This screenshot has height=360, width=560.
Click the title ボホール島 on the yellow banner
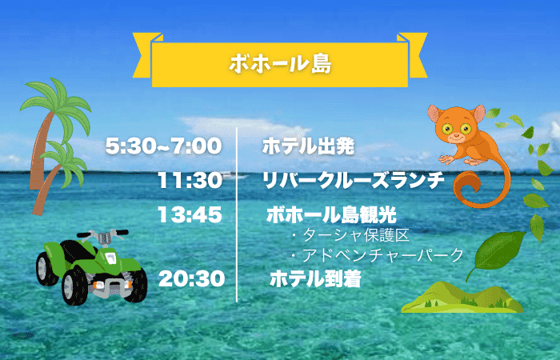click(279, 64)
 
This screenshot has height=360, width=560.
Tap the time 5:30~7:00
click(163, 146)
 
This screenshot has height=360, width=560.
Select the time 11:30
click(189, 182)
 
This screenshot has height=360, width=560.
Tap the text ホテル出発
click(307, 147)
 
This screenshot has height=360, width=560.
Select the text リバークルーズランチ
click(353, 182)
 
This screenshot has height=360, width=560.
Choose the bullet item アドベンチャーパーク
click(381, 255)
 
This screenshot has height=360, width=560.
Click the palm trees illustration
click(53, 144)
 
